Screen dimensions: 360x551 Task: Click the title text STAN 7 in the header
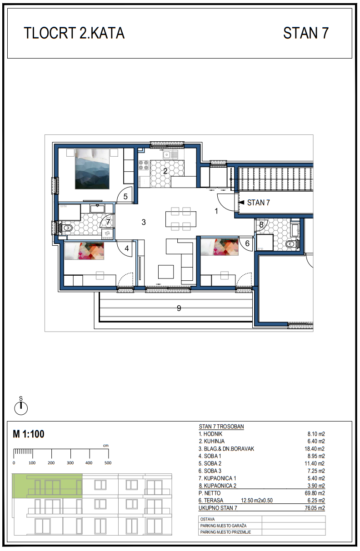coord(306,33)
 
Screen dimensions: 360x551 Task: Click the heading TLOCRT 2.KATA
coord(74,33)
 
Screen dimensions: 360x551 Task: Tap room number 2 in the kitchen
coord(165,171)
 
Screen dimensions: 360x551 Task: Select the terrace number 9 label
coord(179,308)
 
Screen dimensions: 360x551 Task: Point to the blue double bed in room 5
coord(92,169)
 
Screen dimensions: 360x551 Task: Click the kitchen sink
coord(170,154)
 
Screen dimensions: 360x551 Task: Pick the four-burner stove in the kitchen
coord(144,165)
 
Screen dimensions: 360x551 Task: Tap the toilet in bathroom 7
coord(66,228)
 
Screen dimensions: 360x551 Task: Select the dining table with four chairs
coord(181,218)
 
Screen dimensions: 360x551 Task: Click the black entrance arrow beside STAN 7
coord(242,203)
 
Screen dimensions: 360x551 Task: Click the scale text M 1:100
coord(29,434)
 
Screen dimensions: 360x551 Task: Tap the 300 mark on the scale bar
coord(70,463)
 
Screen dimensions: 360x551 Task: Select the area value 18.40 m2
coord(315,449)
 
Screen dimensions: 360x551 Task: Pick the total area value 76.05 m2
coord(315,508)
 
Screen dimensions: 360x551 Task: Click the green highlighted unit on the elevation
coord(47,486)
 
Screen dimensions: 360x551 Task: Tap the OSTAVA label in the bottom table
coord(207,519)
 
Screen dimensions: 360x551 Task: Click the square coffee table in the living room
coord(166,272)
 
